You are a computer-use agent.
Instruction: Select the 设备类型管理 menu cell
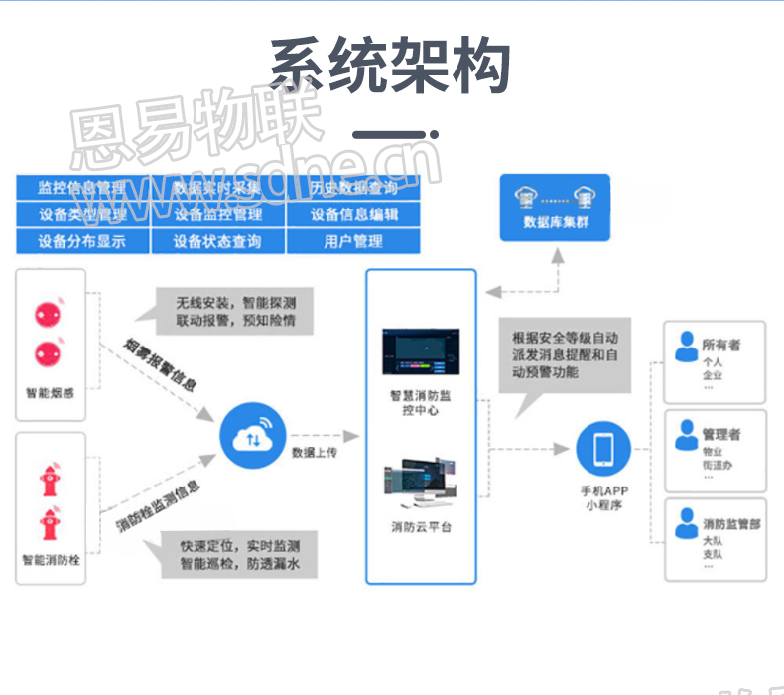click(x=82, y=214)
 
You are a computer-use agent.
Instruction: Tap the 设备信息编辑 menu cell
click(x=353, y=214)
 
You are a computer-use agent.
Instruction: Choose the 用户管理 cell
click(x=353, y=241)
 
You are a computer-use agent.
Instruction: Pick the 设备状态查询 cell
click(x=217, y=241)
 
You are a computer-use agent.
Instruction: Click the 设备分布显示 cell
click(x=82, y=241)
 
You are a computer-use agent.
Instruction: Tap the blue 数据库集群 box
click(x=555, y=208)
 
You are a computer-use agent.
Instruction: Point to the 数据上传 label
click(x=315, y=453)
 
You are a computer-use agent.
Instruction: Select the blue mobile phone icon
click(x=603, y=449)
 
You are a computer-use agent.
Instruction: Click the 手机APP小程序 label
click(x=604, y=498)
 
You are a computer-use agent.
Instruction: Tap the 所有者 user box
click(x=715, y=359)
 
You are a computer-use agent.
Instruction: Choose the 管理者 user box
click(x=715, y=450)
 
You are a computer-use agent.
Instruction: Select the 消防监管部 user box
click(x=715, y=539)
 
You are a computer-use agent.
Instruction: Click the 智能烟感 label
click(x=50, y=391)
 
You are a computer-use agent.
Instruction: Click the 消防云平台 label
click(x=421, y=527)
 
